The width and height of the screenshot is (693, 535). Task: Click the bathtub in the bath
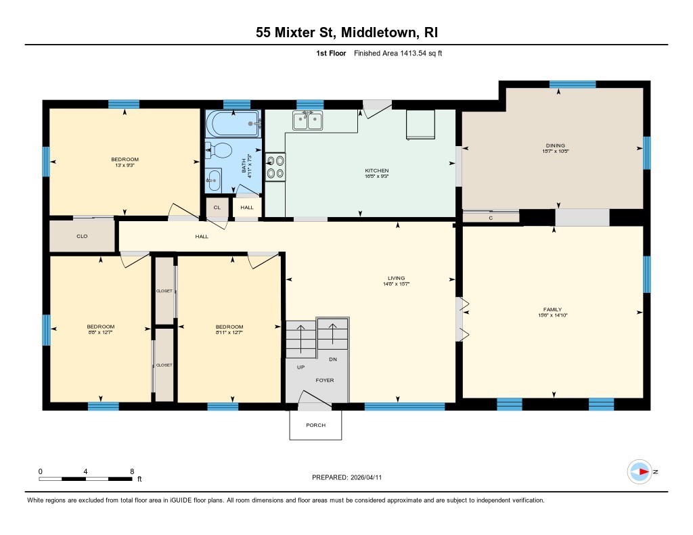(x=233, y=124)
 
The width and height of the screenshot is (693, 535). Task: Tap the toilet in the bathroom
(x=219, y=149)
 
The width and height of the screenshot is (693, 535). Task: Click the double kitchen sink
(x=307, y=120)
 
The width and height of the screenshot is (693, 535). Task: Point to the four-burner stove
(x=275, y=167)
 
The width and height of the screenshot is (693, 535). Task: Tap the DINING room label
(x=555, y=145)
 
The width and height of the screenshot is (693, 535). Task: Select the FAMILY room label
(x=552, y=309)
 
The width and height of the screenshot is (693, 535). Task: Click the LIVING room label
(x=396, y=278)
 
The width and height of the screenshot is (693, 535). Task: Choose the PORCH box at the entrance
(x=315, y=425)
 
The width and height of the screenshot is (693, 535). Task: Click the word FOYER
(x=325, y=380)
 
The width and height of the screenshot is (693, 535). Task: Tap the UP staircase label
(x=300, y=367)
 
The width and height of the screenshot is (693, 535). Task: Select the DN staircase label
(x=332, y=359)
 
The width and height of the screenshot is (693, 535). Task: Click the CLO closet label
(x=82, y=237)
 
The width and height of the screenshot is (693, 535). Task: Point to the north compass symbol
(x=640, y=471)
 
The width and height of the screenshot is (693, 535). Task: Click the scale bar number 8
(x=132, y=471)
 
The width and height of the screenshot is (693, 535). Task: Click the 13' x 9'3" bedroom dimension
(x=125, y=166)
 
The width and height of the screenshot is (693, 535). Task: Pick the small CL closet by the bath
(x=217, y=208)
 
